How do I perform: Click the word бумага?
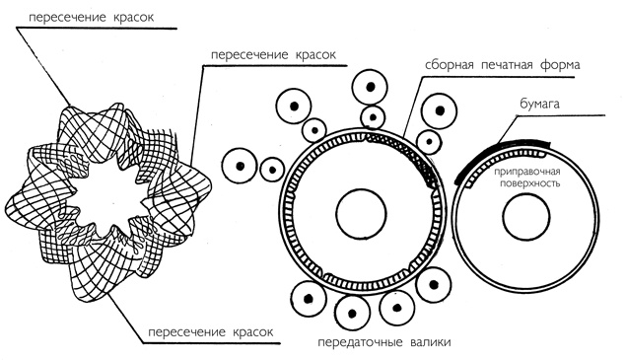point(539,104)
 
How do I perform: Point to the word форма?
point(560,65)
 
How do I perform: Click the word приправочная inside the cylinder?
point(527,173)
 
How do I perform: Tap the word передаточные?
point(360,342)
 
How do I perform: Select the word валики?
point(430,342)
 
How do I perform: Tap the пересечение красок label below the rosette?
point(210,332)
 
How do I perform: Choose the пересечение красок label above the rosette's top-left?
point(91,17)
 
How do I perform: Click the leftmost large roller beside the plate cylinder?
point(240,167)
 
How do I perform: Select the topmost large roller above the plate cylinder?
point(370,87)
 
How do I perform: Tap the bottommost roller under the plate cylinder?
point(353,314)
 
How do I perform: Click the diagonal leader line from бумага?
point(507,129)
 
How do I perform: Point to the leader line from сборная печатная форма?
point(412,106)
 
